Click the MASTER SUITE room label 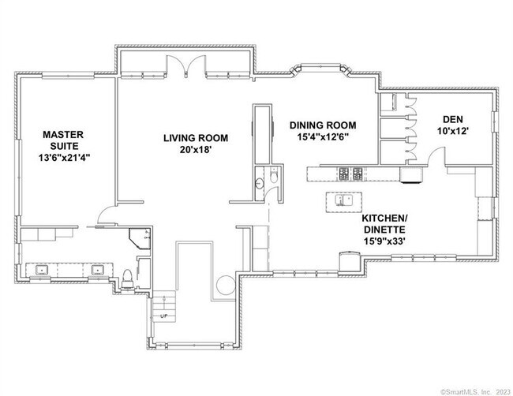tap(62, 141)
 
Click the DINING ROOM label tap(323, 125)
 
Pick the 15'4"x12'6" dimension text tap(323, 136)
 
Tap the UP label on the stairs tap(164, 316)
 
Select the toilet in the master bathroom tap(128, 275)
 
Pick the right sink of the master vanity tap(99, 271)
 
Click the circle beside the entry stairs tap(224, 284)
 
